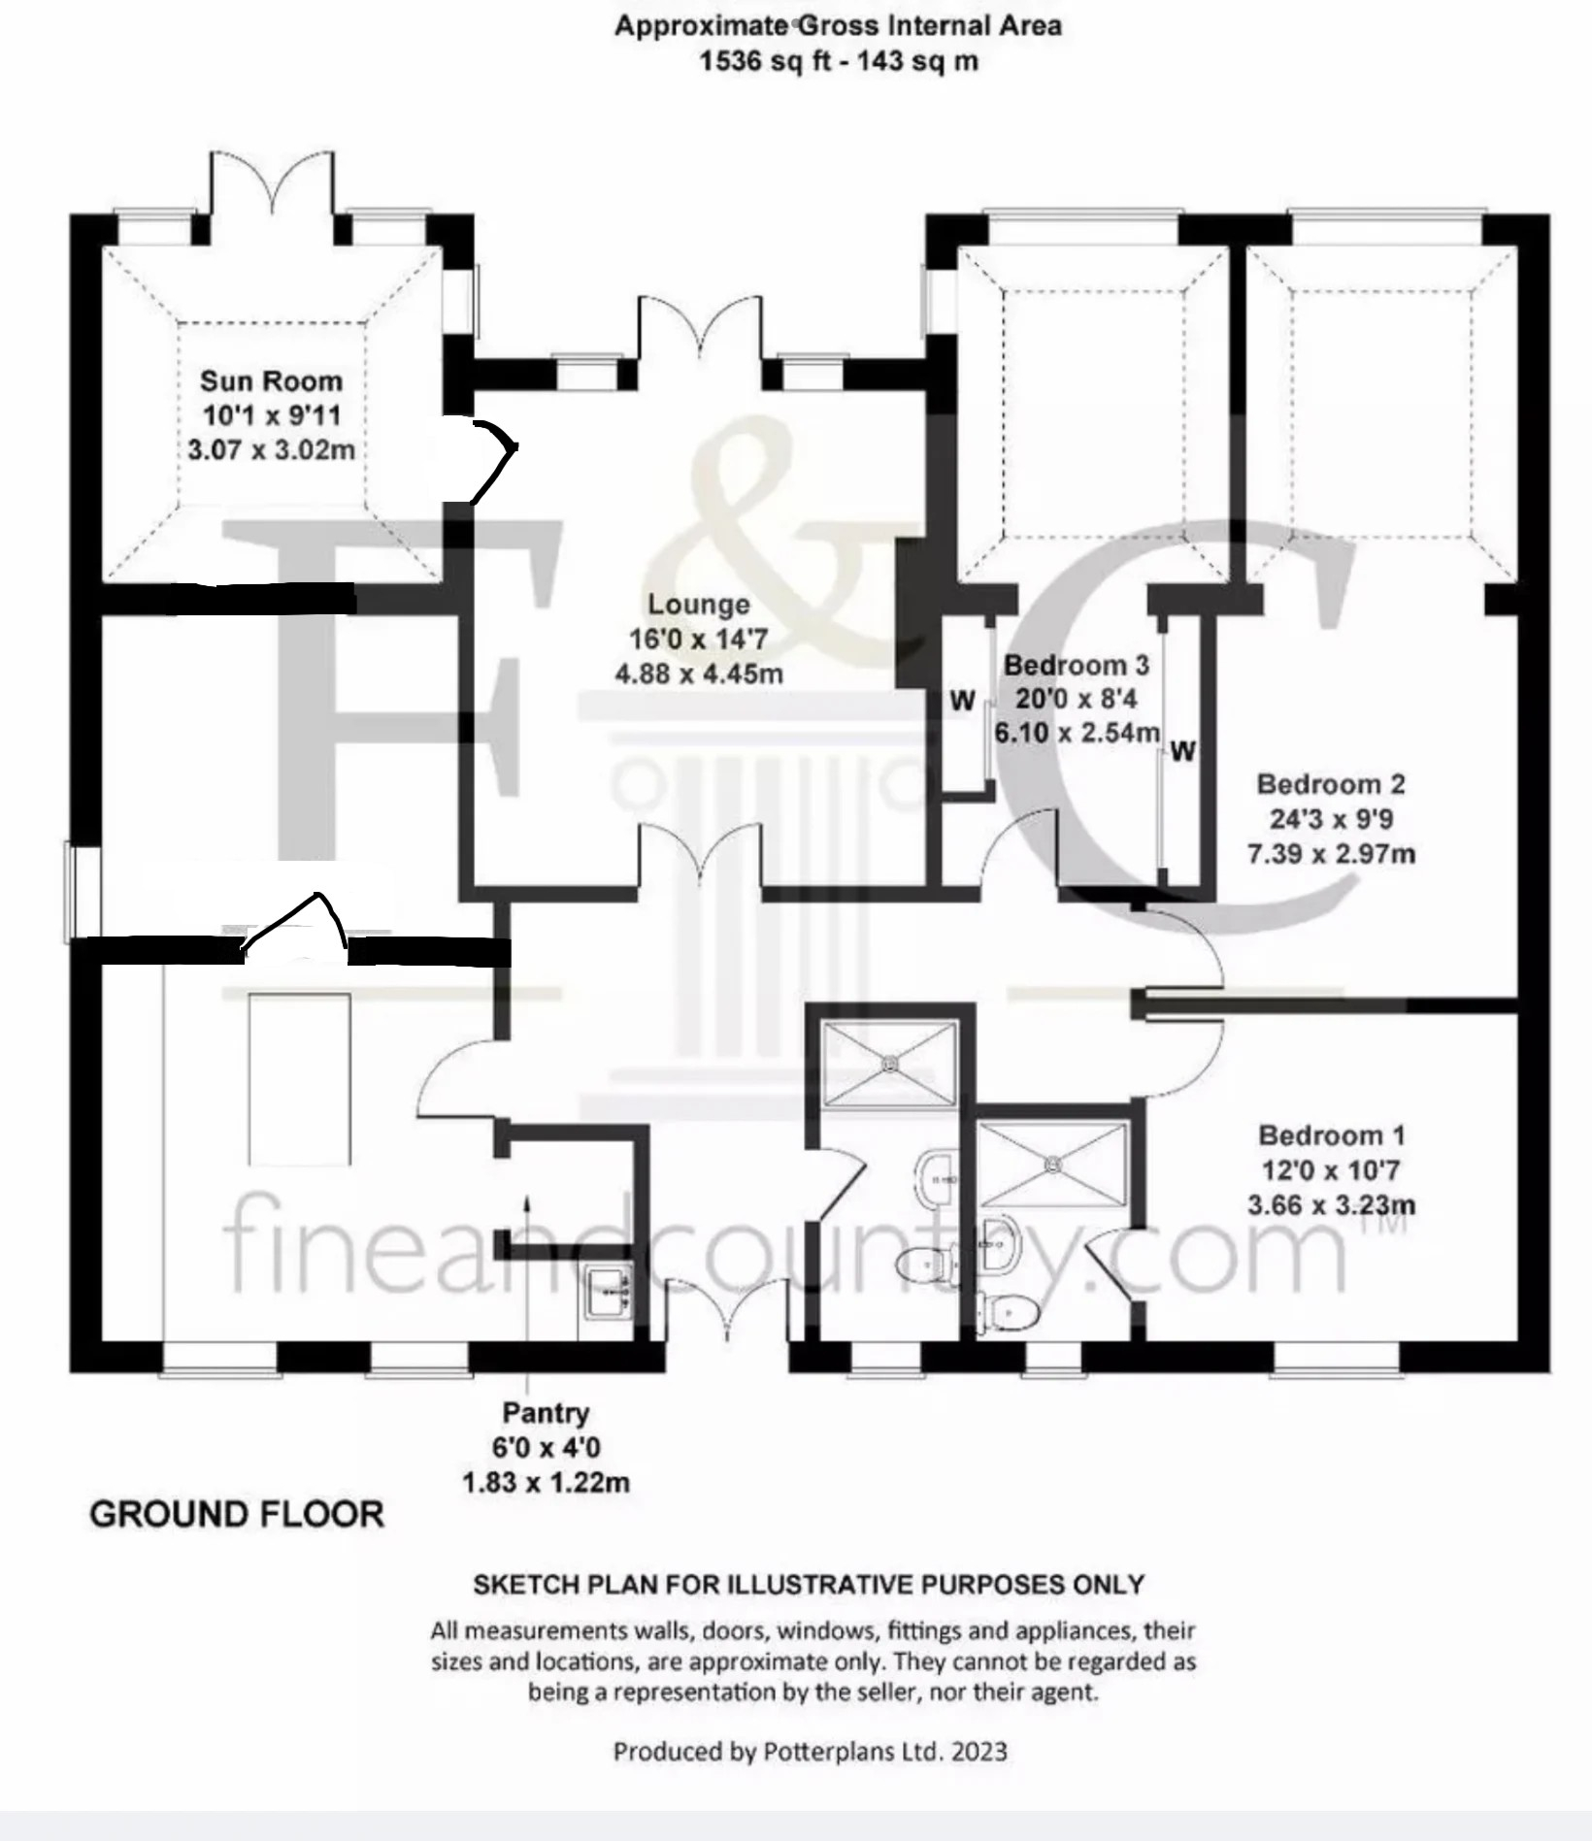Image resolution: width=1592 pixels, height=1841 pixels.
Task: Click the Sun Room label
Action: (271, 380)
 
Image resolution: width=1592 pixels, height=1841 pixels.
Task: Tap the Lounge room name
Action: (699, 605)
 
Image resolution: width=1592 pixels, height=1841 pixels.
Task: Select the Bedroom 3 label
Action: (1076, 666)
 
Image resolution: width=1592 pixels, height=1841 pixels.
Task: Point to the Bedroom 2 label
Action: (1330, 784)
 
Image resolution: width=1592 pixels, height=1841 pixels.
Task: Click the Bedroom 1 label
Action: (1331, 1135)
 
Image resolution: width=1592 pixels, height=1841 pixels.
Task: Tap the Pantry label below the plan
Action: (546, 1413)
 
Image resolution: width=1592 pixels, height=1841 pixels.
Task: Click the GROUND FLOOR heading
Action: (237, 1515)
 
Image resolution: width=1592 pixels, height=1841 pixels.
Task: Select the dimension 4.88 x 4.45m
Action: (699, 674)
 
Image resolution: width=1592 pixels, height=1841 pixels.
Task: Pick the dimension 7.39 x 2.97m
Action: (1331, 854)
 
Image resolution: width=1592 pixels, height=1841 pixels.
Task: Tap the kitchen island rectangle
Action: (300, 1078)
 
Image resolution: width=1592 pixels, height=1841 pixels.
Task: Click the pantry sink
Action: (608, 1291)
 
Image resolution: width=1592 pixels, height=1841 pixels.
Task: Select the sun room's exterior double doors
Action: (272, 184)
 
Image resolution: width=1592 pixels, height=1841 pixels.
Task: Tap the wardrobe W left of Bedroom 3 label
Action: (962, 701)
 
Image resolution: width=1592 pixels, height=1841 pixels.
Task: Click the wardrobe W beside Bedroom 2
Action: (1182, 750)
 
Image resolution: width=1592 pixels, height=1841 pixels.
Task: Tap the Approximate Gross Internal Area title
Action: (838, 26)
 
